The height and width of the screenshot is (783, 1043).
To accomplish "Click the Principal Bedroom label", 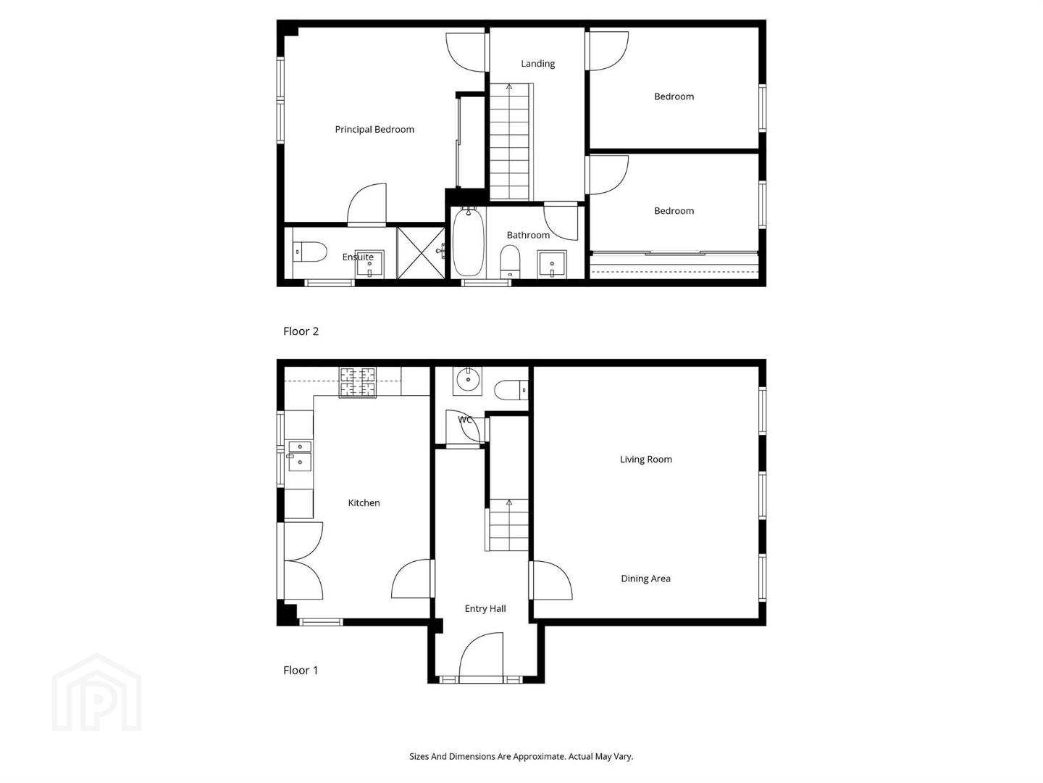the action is [x=374, y=129].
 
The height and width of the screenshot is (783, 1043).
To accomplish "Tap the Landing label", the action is [x=538, y=64].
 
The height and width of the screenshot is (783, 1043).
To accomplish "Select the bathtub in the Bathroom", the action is [x=468, y=242].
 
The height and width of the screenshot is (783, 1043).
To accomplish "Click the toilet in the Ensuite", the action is [x=309, y=252].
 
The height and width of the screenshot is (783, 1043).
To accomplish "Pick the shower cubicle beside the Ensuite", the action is [x=421, y=252].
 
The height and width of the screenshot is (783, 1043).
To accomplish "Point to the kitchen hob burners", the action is [x=358, y=382].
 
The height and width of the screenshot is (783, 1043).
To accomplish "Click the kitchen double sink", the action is [x=300, y=456].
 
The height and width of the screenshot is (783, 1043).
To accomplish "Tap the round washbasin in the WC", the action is [x=468, y=379].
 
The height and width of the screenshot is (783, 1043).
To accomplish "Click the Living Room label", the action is [x=646, y=459].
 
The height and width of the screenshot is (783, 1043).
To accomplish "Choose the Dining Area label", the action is [x=646, y=579].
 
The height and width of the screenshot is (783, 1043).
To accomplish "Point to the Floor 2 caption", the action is [x=301, y=331].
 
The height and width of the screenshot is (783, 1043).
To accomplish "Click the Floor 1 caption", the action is [x=301, y=671].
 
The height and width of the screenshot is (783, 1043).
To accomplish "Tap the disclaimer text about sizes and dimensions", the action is [x=521, y=756].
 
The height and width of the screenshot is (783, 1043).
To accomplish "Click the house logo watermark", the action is [x=97, y=692].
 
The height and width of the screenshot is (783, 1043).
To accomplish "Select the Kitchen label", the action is [x=364, y=503].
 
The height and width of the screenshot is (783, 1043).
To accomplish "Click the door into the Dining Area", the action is [x=551, y=580].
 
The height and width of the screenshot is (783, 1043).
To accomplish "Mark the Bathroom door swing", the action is [x=561, y=222].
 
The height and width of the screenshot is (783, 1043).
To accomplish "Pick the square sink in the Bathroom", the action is [x=552, y=265].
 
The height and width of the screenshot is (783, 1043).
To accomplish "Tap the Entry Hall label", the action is [x=485, y=608].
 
